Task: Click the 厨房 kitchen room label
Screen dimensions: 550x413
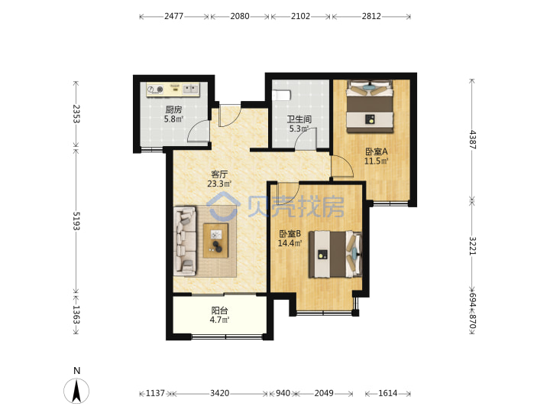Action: coord(173,109)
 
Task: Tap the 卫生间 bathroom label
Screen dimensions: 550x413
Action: coord(299,119)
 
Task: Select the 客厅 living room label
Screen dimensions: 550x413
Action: coord(219,174)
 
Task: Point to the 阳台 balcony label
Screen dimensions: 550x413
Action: coord(219,311)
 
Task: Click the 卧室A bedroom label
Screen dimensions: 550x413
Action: coord(377,151)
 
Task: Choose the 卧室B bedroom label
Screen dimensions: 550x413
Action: coord(290,233)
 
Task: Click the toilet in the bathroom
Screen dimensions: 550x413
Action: coord(282,95)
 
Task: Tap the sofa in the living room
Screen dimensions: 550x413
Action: coord(185,240)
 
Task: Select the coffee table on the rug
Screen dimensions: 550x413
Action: coord(216,240)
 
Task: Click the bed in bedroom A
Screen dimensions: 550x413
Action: coord(370,107)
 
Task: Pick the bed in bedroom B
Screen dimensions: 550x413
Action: coord(335,254)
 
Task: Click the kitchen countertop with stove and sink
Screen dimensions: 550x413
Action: coord(173,89)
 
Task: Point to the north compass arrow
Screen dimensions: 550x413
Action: coord(76,391)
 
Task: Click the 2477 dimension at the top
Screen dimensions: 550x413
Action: coord(174,16)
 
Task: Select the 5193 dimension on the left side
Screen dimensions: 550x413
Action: coord(76,221)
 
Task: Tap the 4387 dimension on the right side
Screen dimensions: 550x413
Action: coord(473,140)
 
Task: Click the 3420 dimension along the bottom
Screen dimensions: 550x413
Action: coord(219,393)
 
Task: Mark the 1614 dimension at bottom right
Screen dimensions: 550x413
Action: coord(387,393)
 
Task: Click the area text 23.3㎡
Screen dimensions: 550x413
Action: coord(219,184)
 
